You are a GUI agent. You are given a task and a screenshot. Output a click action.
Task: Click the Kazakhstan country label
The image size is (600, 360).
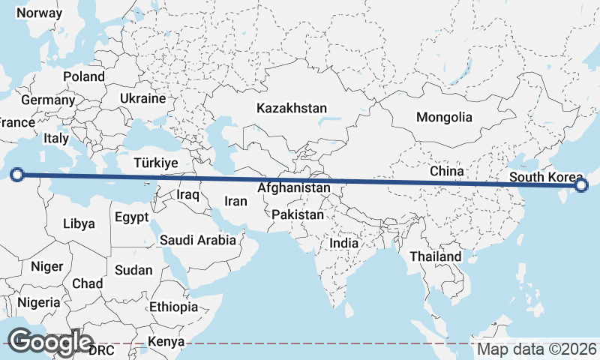(292, 109)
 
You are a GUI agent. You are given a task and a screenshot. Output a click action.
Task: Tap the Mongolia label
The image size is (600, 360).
(445, 117)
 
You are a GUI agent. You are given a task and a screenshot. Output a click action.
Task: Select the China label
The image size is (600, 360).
(447, 172)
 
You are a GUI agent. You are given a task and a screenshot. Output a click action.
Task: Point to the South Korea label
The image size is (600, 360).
(546, 177)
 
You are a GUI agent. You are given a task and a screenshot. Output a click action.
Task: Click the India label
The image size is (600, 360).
(344, 244)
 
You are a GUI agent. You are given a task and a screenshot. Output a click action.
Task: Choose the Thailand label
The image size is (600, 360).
(436, 256)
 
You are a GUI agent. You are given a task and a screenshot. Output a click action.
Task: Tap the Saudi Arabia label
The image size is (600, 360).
(198, 241)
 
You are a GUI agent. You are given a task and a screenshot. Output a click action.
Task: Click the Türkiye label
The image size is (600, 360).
(156, 163)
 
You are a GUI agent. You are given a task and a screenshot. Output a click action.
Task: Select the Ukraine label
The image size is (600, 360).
(142, 99)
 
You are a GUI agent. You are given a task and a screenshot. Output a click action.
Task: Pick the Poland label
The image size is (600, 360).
(84, 76)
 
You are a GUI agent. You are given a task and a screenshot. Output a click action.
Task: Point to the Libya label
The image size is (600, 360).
(79, 223)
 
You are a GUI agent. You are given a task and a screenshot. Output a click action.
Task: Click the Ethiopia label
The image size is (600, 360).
(173, 307)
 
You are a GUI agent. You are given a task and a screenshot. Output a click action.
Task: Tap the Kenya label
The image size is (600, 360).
(166, 342)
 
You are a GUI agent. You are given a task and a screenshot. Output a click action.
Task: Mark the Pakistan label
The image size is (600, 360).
(298, 215)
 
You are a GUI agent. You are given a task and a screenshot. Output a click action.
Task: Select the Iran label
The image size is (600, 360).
(235, 201)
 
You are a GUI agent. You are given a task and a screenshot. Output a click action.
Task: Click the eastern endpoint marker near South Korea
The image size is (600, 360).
(580, 185)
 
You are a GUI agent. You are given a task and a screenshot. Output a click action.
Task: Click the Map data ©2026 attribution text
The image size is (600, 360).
(537, 349)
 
